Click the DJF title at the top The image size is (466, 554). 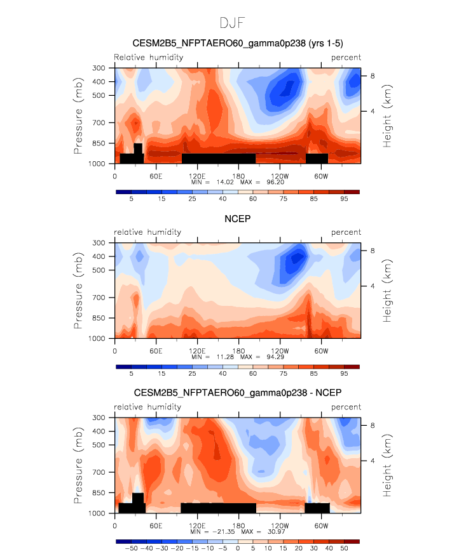[x=233, y=23]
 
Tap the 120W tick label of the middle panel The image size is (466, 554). [x=280, y=351]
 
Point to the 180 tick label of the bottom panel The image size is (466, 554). [x=238, y=526]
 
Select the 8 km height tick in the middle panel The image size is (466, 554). [x=372, y=251]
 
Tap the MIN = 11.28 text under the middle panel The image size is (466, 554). [x=213, y=357]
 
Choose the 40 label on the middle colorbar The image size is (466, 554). [x=223, y=374]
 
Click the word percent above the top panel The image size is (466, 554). [x=346, y=57]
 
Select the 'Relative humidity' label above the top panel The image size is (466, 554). [x=148, y=57]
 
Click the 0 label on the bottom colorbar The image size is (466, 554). [x=238, y=547]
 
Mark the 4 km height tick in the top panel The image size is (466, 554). [x=372, y=111]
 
